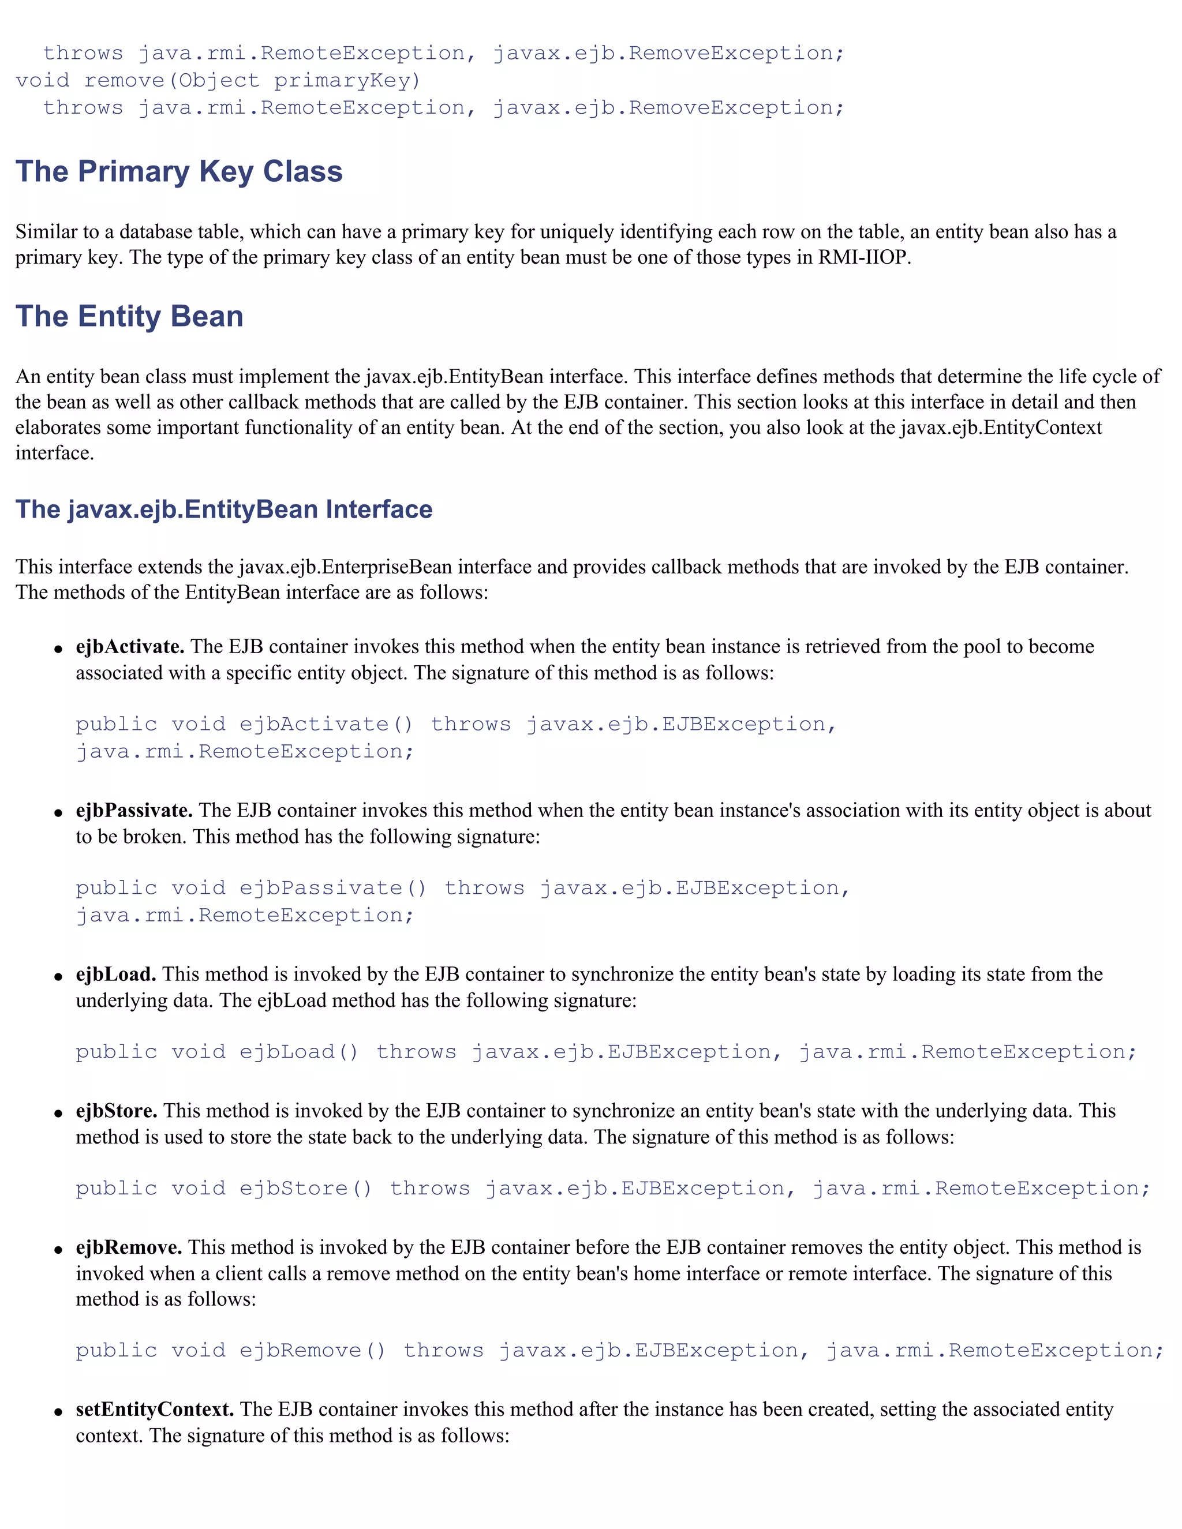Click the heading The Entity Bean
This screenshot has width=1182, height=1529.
[x=129, y=316]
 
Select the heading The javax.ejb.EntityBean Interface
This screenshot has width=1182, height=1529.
[x=223, y=509]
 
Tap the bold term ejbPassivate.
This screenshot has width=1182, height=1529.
[x=134, y=810]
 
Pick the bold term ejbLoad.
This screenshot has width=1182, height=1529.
[x=116, y=974]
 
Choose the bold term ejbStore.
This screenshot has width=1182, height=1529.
[x=116, y=1110]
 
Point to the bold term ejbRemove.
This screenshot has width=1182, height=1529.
[x=129, y=1247]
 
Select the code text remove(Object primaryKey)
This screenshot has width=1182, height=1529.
[x=252, y=81]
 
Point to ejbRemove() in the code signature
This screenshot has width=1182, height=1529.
[x=312, y=1350]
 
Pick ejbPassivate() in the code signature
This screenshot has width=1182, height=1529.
[x=332, y=888]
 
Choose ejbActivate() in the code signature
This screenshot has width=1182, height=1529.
[x=326, y=724]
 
